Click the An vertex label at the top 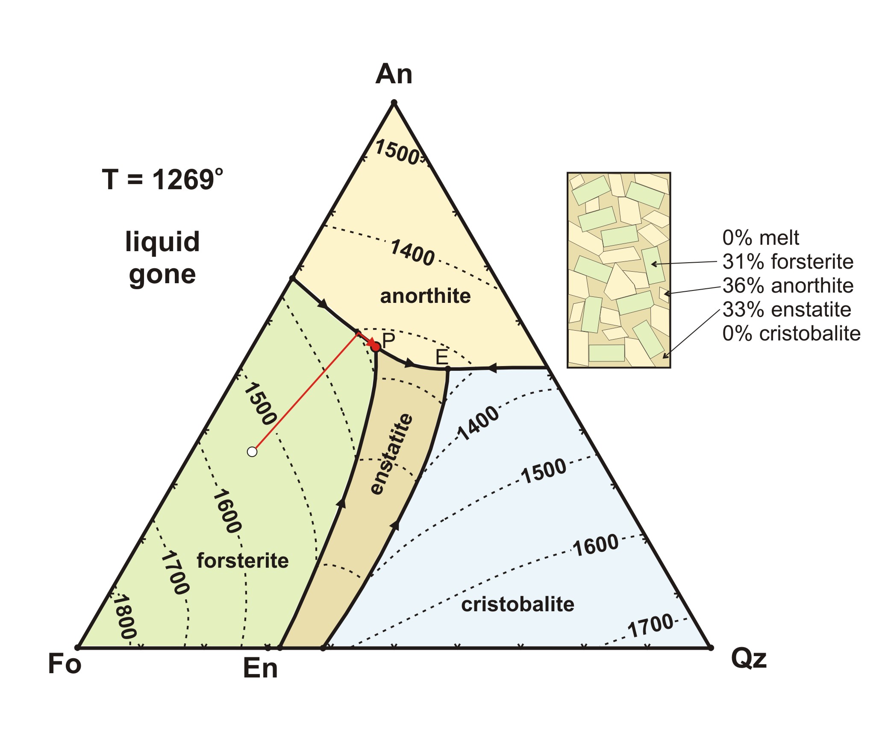(x=394, y=74)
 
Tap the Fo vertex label (x=65, y=664)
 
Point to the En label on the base (x=260, y=668)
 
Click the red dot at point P (x=376, y=347)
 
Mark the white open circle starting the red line (x=252, y=452)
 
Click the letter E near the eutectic (x=441, y=357)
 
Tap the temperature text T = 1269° (x=162, y=179)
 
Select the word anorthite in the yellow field (x=425, y=296)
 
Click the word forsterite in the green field (x=242, y=560)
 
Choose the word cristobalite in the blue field (x=518, y=604)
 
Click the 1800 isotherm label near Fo (x=125, y=616)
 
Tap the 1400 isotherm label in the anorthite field (x=412, y=252)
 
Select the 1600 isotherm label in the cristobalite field (x=596, y=545)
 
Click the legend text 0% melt (x=760, y=237)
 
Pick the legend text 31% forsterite (x=788, y=261)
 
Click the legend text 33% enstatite (x=787, y=309)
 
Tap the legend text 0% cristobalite (x=791, y=333)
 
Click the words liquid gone (x=162, y=258)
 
